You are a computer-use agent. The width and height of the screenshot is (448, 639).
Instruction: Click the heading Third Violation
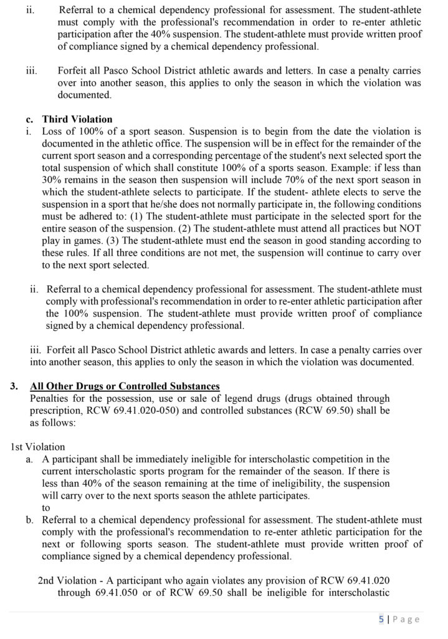77,119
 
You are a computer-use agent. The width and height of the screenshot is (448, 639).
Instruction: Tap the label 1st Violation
37,446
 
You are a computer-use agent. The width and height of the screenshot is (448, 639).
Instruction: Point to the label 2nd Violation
67,580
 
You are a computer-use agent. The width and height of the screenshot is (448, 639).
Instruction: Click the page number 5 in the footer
381,620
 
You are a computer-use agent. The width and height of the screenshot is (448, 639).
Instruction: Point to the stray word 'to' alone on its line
46,507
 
